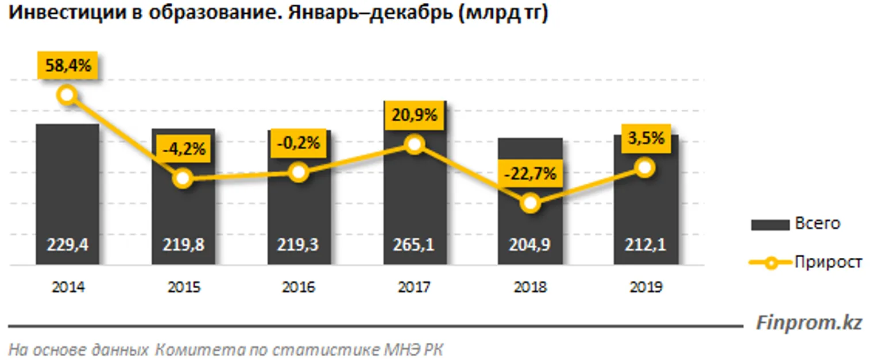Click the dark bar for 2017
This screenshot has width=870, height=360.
click(x=415, y=195)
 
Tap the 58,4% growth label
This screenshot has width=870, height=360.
click(x=68, y=65)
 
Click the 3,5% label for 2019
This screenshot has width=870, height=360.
click(x=645, y=138)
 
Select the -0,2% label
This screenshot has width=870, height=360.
click(x=298, y=142)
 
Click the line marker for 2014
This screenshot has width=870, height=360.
click(x=67, y=95)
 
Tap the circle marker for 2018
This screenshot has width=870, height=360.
click(x=531, y=203)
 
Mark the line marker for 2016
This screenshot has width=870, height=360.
click(x=298, y=172)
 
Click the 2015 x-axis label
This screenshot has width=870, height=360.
click(x=183, y=287)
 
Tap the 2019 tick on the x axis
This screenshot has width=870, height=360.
click(x=645, y=287)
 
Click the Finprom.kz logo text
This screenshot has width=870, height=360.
click(x=809, y=323)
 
